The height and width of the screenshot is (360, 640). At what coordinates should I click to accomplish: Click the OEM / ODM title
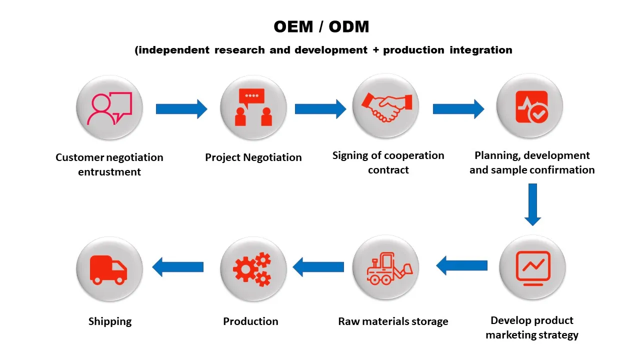(x=321, y=27)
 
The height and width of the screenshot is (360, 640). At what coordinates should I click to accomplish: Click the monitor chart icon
(x=532, y=268)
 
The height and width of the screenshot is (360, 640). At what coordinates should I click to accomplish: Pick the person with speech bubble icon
(x=109, y=108)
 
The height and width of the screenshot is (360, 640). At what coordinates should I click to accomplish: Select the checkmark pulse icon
(x=531, y=107)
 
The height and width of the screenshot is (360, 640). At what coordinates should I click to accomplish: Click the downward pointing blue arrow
(x=532, y=204)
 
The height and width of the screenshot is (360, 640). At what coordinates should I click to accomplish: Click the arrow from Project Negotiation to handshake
(x=320, y=109)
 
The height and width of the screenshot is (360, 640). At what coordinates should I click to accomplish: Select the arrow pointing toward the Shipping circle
(x=178, y=267)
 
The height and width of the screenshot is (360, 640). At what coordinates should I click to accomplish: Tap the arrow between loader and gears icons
(x=318, y=267)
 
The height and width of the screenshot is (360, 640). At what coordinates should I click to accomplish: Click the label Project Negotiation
(x=253, y=157)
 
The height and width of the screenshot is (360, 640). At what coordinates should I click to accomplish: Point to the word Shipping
(x=110, y=321)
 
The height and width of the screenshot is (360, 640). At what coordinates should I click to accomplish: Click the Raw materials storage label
(x=393, y=321)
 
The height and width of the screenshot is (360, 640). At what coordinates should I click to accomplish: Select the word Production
(x=250, y=321)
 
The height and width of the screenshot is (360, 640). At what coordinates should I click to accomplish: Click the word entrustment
(x=109, y=172)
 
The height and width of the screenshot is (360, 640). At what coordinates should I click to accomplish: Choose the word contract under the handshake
(x=388, y=170)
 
